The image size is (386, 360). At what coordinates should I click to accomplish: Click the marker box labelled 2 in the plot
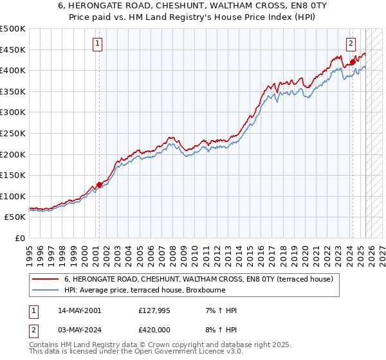351,44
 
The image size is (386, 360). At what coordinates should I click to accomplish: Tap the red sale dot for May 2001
99,184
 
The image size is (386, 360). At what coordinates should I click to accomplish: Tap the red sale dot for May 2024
353,62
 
